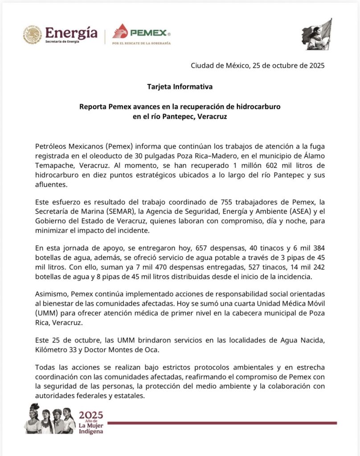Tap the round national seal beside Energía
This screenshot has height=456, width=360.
tap(33, 35)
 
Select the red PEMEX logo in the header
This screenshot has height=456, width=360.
tap(141, 32)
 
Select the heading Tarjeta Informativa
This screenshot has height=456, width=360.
tap(180, 86)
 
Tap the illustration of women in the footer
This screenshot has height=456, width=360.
tap(50, 419)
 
